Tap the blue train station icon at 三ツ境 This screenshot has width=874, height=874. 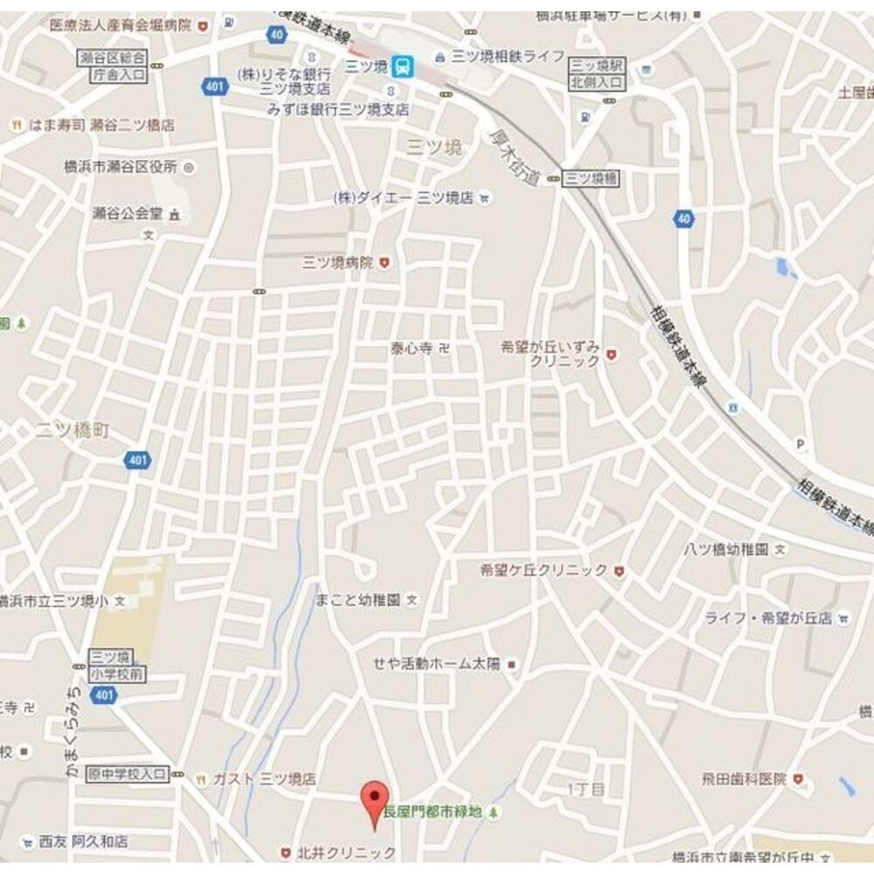[402, 66]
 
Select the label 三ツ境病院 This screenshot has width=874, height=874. [337, 262]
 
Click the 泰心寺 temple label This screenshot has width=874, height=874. [412, 348]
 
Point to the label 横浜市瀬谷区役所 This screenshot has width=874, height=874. [121, 166]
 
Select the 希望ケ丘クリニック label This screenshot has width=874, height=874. [544, 570]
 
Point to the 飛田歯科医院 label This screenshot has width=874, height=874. [744, 778]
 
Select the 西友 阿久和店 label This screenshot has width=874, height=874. [82, 842]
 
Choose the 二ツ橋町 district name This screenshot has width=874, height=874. [73, 430]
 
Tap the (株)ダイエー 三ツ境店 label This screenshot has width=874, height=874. [402, 198]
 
